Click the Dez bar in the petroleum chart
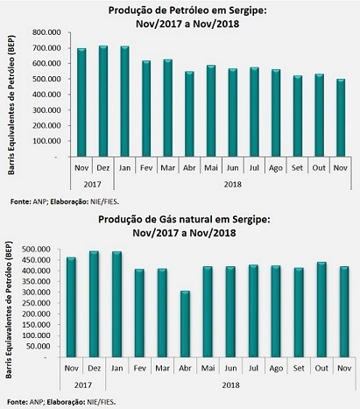tap(103, 101)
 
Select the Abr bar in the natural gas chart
tap(185, 324)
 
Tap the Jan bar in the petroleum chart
tap(124, 102)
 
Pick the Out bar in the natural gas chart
tap(321, 310)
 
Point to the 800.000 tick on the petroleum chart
tap(47, 32)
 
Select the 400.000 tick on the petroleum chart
tap(47, 95)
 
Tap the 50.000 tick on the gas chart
tap(41, 346)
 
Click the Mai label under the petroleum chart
tap(211, 168)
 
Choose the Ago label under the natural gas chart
tap(276, 369)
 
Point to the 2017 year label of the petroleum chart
tap(92, 185)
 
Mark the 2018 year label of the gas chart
tap(230, 385)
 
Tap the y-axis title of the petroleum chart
tap(11, 105)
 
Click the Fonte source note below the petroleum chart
tap(65, 201)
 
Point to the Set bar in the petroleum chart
tap(298, 116)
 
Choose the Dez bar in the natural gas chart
tap(94, 304)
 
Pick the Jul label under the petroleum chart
tap(254, 168)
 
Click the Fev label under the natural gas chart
tap(139, 369)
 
